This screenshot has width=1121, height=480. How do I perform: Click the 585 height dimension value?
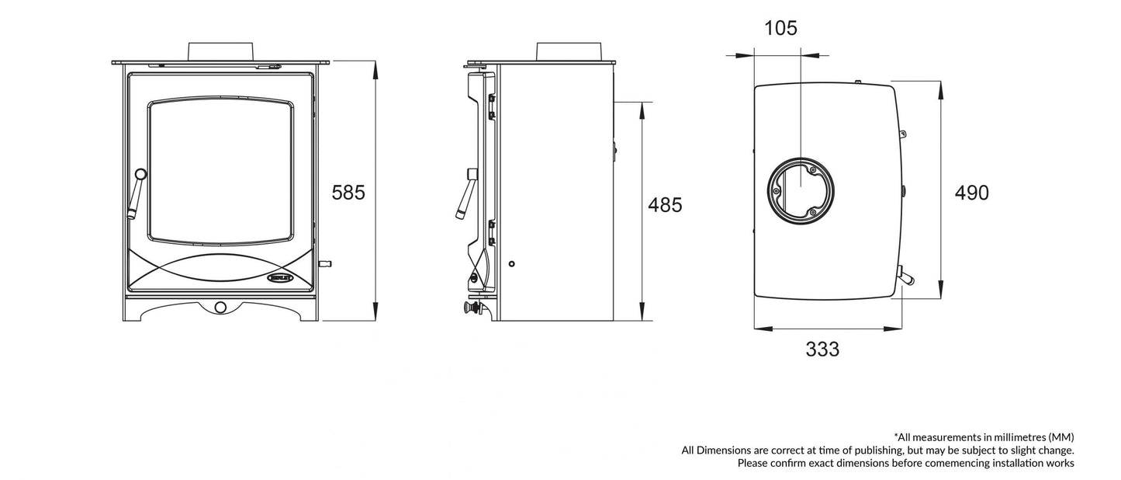click(x=348, y=193)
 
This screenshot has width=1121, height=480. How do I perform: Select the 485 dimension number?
click(x=665, y=205)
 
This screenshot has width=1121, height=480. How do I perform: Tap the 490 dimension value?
click(x=971, y=193)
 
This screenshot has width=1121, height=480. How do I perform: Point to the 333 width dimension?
click(x=822, y=350)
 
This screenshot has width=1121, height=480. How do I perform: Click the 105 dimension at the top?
click(x=780, y=29)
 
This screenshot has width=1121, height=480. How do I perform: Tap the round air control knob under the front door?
click(x=221, y=308)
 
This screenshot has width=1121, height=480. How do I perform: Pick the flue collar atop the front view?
click(x=221, y=50)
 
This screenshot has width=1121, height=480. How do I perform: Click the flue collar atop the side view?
click(x=569, y=50)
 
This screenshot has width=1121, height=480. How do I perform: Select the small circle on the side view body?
click(x=511, y=264)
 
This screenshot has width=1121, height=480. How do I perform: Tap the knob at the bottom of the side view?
click(x=469, y=308)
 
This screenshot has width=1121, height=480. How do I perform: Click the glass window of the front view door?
click(x=221, y=169)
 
